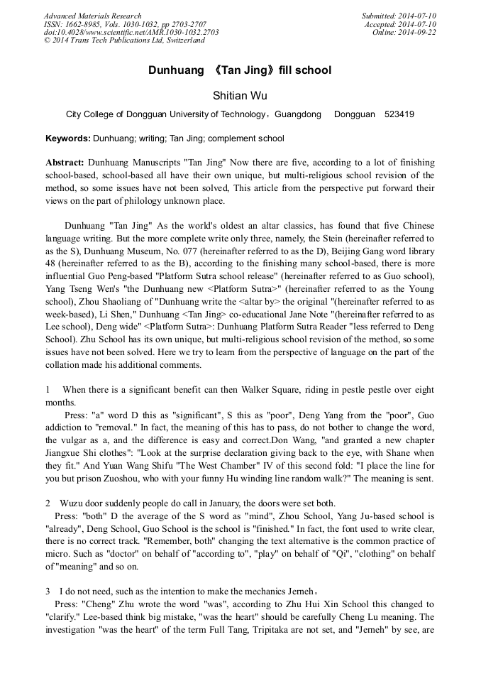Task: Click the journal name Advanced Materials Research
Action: (92, 16)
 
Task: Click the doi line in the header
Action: (131, 32)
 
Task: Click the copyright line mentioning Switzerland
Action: (124, 40)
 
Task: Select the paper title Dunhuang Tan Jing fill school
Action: (240, 70)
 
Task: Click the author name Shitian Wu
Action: (240, 95)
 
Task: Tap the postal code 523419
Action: (399, 114)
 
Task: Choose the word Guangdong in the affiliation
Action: (297, 114)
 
